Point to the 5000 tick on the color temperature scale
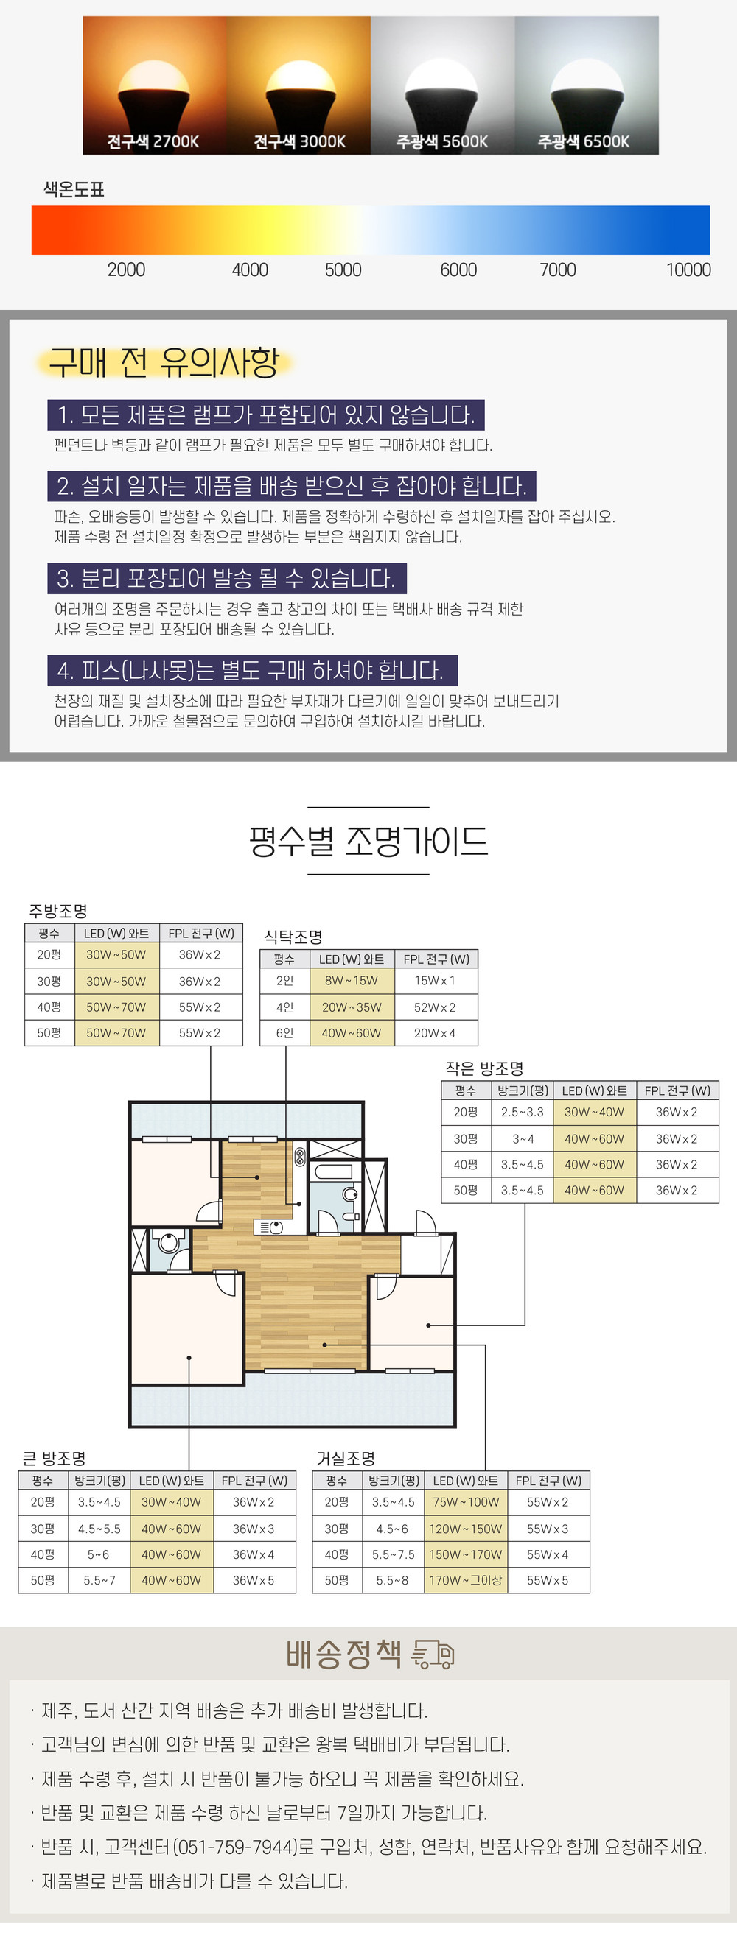coord(343,269)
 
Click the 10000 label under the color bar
coord(688,269)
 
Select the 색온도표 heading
coord(74,189)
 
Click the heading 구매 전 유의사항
coord(164,362)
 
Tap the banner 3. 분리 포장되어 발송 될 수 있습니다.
coord(226,579)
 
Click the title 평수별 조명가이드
coord(368,840)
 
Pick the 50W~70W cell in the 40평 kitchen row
coord(116,1007)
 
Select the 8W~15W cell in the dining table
coord(352,980)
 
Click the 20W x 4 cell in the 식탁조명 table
coord(435,1033)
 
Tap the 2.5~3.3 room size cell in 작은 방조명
coord(523,1112)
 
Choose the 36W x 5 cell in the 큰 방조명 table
coord(254,1580)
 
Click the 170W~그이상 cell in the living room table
coord(465,1580)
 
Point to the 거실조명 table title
coord(346,1459)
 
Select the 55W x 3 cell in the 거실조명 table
coord(548,1529)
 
